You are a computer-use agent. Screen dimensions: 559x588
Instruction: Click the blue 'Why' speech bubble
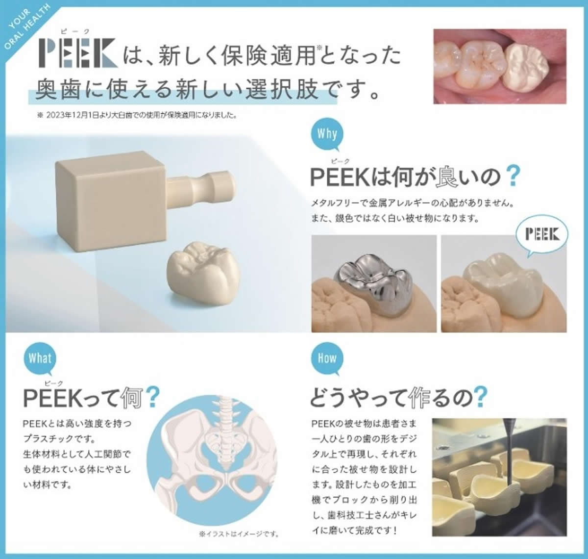[x=327, y=134]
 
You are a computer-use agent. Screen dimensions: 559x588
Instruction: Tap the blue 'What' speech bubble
[x=40, y=358]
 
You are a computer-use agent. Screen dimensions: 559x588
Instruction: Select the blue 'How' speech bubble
[x=327, y=358]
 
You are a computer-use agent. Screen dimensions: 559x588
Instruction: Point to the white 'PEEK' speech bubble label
[x=541, y=234]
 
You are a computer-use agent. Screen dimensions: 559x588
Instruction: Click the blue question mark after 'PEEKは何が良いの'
[x=512, y=177]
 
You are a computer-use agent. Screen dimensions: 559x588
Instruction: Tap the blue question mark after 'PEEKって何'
[x=153, y=398]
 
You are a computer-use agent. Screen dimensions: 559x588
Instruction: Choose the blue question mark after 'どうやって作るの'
[x=481, y=398]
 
